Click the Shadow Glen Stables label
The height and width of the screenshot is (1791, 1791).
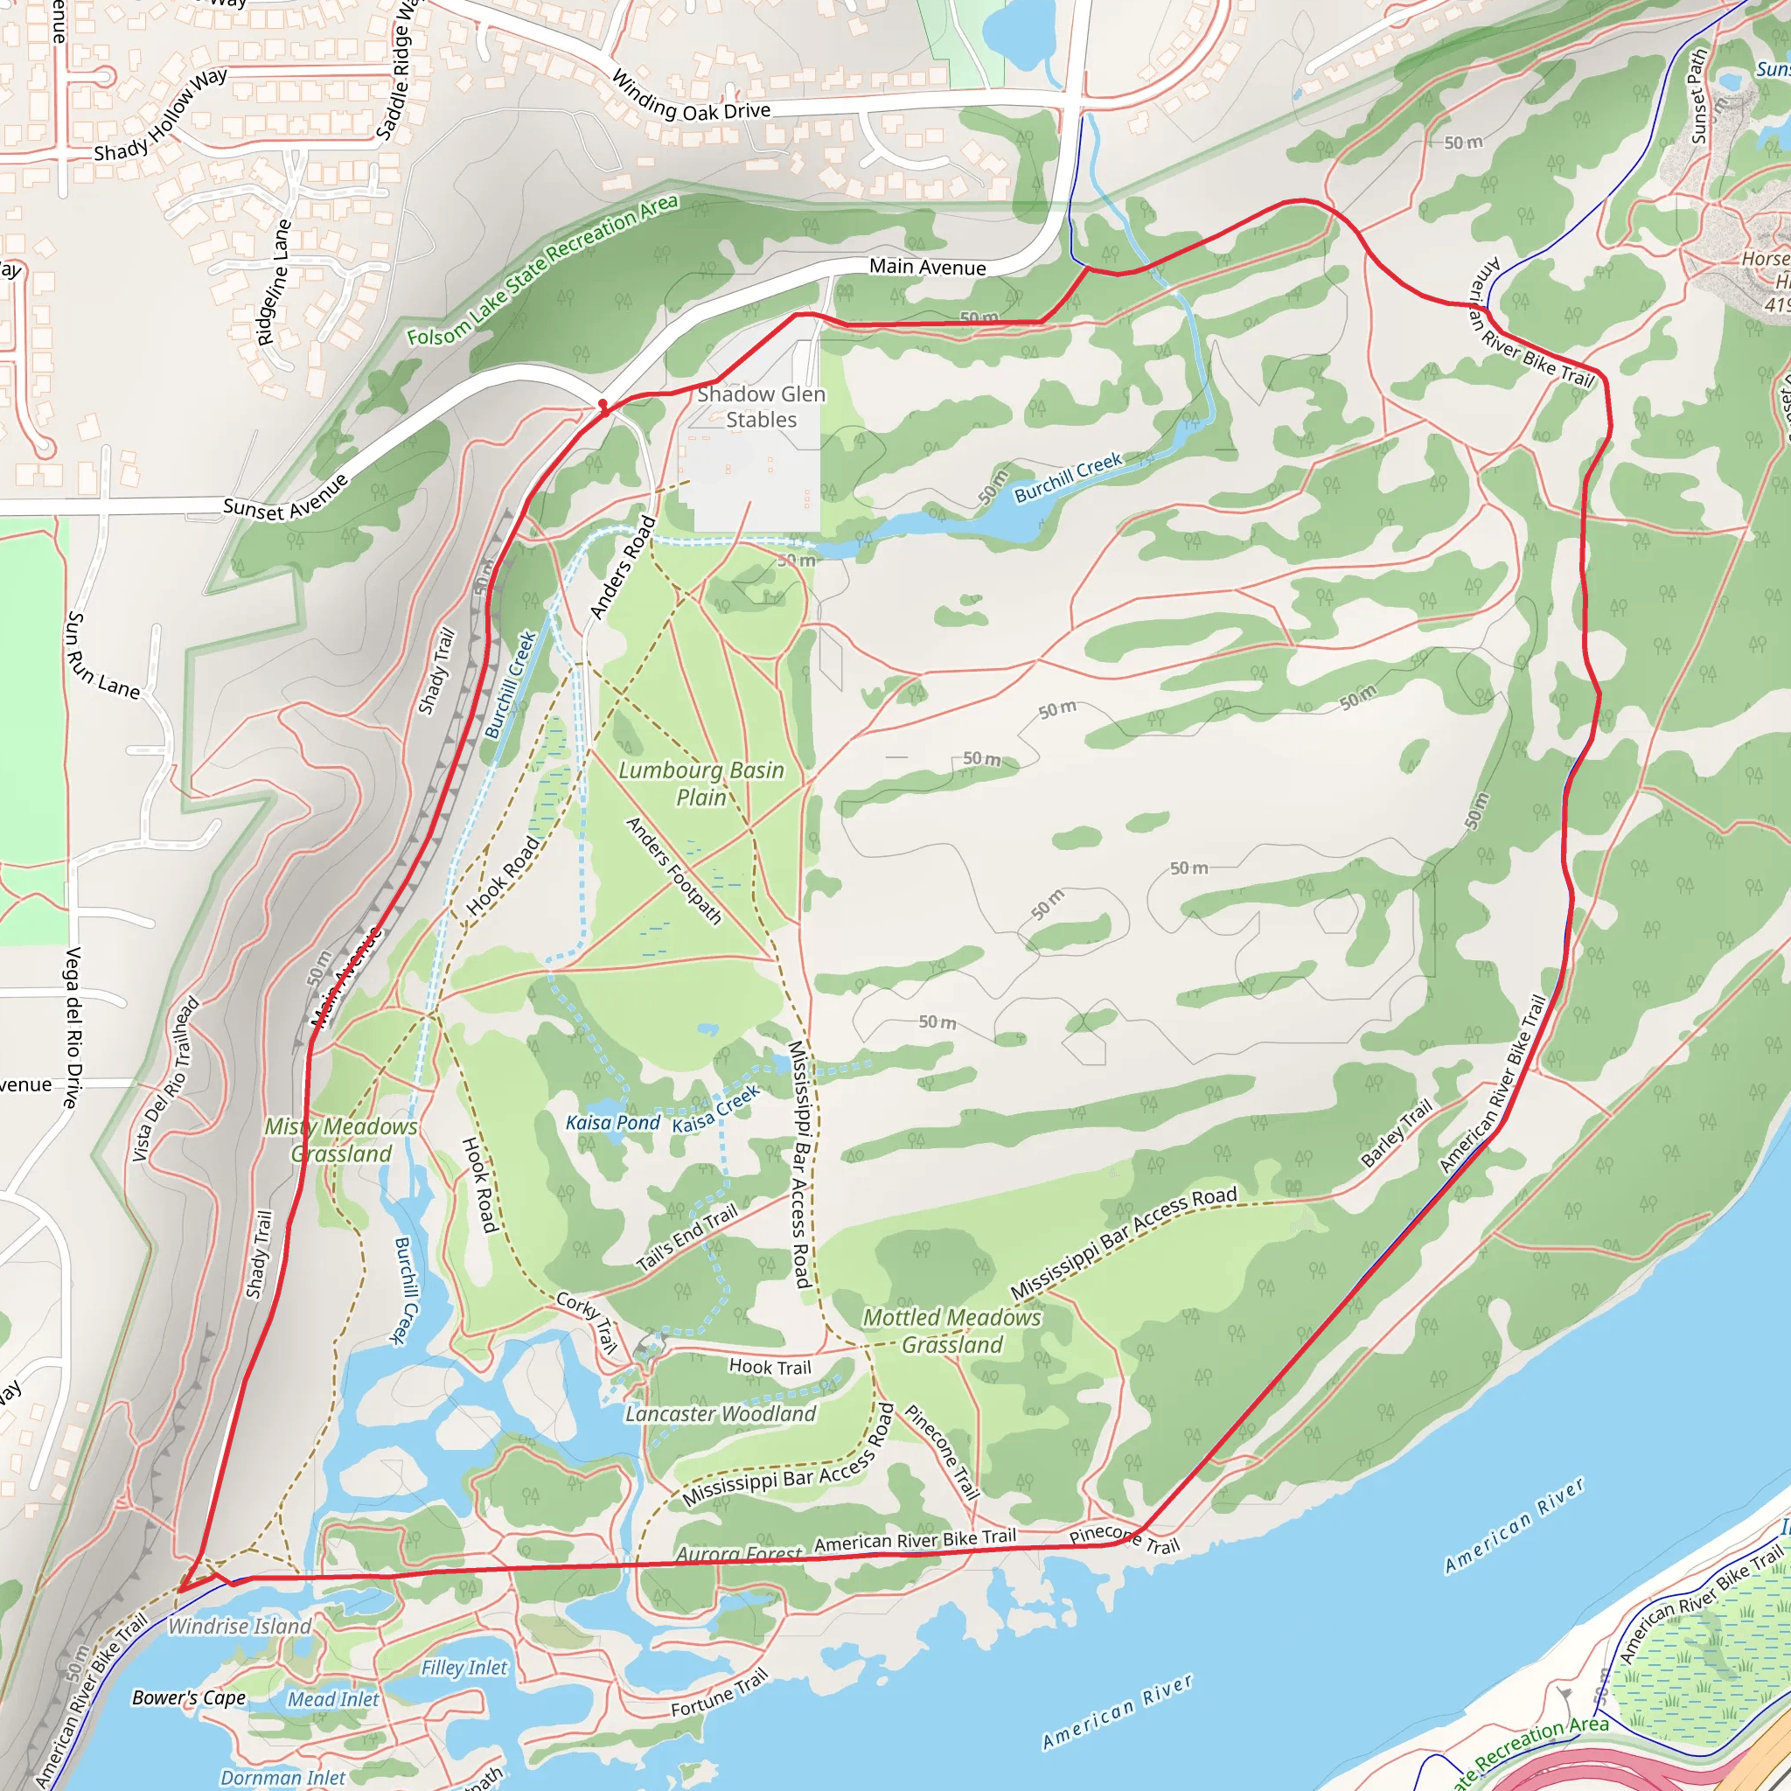760,407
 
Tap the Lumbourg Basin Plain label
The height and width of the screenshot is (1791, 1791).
700,784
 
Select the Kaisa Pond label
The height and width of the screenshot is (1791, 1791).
613,1123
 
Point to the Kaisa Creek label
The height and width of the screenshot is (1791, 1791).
715,1109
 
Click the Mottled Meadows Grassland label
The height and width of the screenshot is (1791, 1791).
952,1330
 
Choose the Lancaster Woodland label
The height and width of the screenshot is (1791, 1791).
721,1414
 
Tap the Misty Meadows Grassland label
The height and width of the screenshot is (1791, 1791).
341,1139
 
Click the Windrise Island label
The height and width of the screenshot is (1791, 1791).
239,1626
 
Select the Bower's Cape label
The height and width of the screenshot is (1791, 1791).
189,1697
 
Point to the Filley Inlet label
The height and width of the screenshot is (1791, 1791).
464,1668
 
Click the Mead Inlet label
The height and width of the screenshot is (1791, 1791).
333,1699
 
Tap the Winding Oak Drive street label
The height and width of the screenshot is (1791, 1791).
691,98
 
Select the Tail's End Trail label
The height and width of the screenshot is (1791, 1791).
686,1237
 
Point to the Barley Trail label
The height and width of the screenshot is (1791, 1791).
1396,1132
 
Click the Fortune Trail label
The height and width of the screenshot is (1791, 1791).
720,1693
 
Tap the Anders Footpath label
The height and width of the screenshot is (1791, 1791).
673,870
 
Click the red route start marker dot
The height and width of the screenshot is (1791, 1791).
603,405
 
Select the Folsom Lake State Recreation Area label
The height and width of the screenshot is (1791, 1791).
542,269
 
